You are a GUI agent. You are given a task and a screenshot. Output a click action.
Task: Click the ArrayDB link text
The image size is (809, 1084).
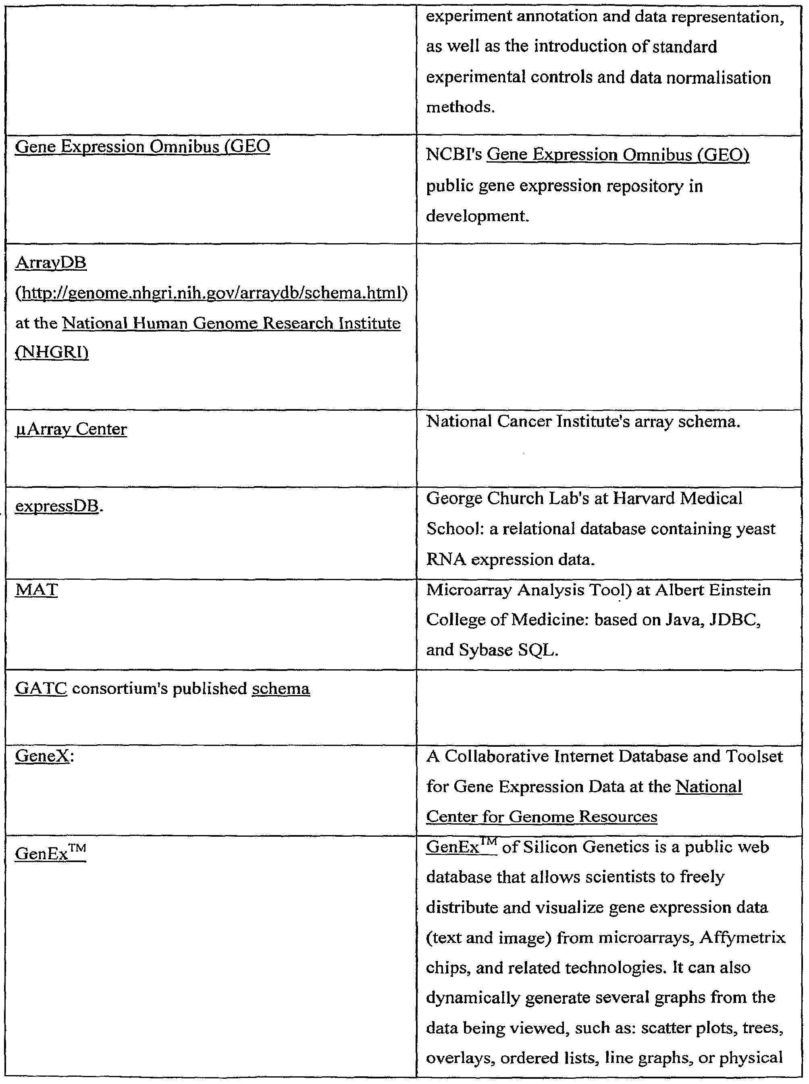tap(51, 263)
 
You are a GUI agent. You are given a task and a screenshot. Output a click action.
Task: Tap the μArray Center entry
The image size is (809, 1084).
tap(71, 429)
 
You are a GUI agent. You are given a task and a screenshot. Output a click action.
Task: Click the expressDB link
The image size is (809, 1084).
tap(57, 506)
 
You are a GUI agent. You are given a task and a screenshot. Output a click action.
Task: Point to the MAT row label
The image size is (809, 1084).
tap(36, 589)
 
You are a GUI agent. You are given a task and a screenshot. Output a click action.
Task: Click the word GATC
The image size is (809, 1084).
tap(41, 689)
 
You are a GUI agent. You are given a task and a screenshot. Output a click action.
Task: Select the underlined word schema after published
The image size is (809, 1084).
tap(281, 689)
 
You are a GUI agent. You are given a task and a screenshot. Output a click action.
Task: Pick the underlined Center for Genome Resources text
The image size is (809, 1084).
tap(542, 817)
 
